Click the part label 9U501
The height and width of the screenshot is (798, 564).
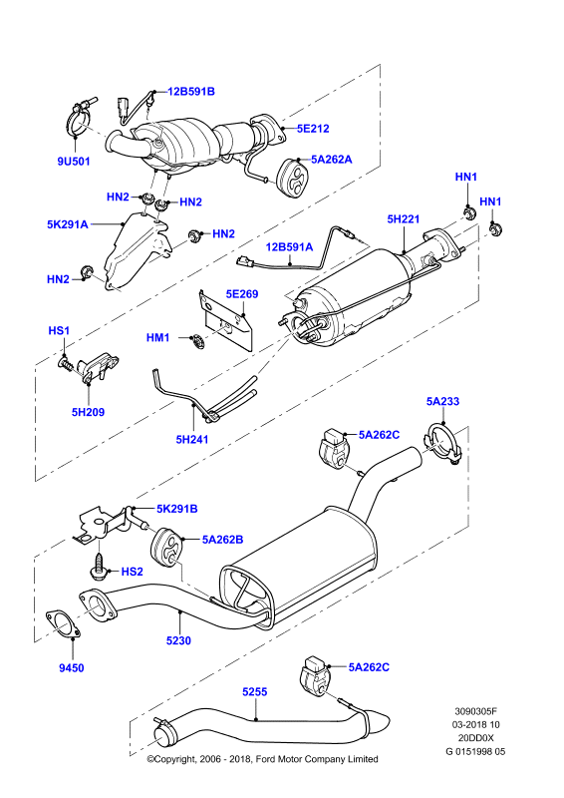(74, 162)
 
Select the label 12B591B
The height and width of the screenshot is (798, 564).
(191, 92)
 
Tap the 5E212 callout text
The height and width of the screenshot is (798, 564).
(313, 129)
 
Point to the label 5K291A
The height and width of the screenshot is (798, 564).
(68, 224)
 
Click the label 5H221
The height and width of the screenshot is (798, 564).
(404, 219)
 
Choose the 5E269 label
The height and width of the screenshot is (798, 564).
(242, 294)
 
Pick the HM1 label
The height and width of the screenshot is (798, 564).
(157, 337)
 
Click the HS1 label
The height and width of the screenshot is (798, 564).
(59, 331)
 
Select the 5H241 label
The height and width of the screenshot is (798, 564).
(192, 439)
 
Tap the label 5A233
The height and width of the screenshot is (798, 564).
(443, 402)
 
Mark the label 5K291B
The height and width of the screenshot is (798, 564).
(177, 509)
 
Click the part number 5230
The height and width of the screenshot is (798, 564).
(178, 640)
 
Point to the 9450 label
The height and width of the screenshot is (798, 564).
(71, 668)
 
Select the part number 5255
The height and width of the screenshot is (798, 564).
(255, 692)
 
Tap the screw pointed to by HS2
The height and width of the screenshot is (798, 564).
(99, 566)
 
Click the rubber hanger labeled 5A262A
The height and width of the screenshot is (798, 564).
(293, 179)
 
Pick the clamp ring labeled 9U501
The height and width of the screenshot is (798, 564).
(79, 118)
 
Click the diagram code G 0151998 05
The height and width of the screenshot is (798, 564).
(476, 752)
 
